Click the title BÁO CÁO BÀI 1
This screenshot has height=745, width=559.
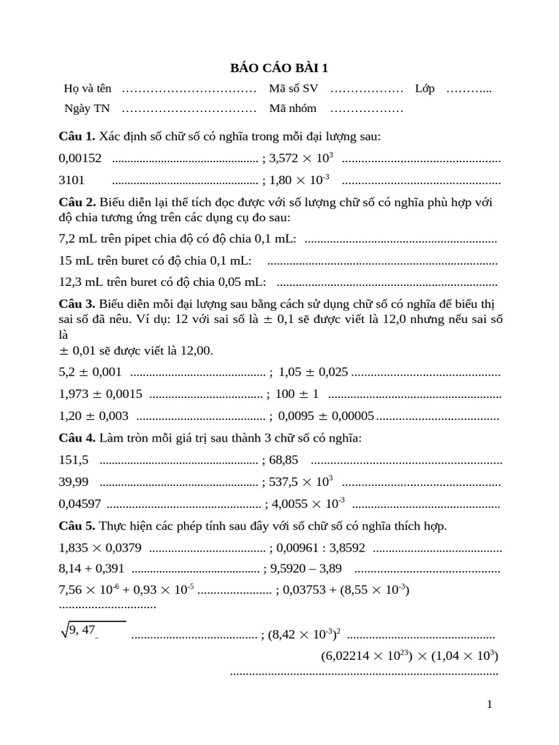(279, 68)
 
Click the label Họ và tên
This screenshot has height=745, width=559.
(87, 89)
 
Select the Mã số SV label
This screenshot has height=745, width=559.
(293, 89)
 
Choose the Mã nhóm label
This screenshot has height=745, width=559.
(293, 108)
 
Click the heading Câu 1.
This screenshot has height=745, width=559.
(76, 136)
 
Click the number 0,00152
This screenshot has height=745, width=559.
(80, 158)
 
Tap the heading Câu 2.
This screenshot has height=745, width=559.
(76, 202)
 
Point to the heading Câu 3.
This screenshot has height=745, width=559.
(76, 303)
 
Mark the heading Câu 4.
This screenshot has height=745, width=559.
(76, 438)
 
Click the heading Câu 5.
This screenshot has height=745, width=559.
(76, 525)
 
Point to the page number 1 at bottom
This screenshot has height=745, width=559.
(490, 704)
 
